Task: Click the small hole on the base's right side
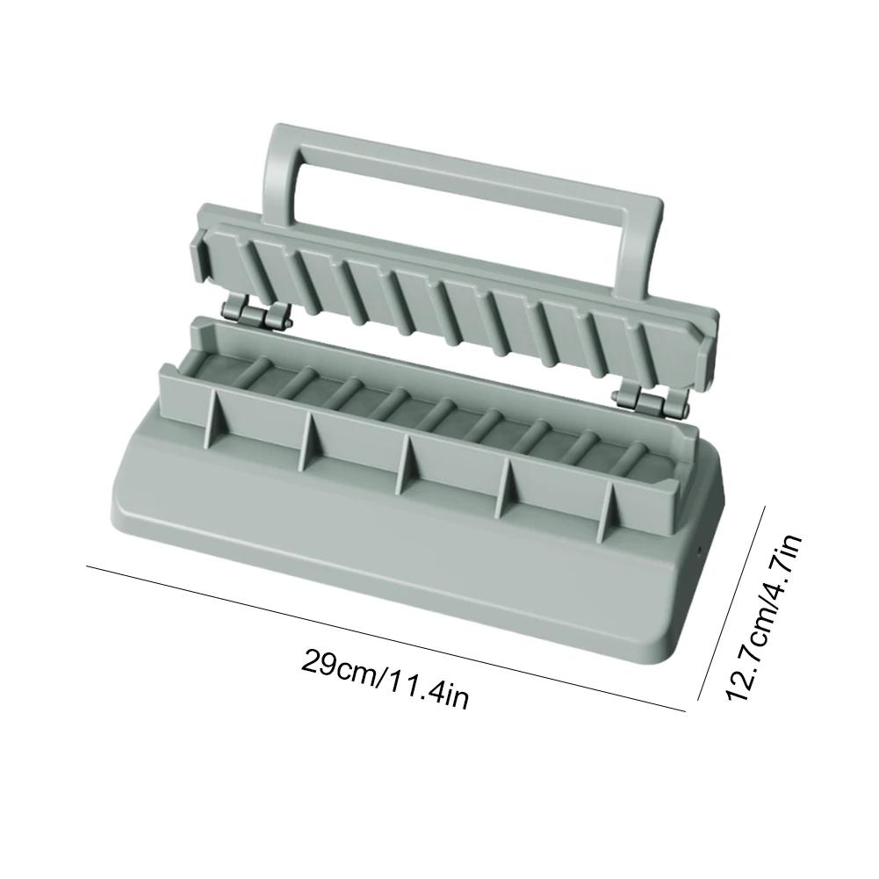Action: pyautogui.click(x=699, y=552)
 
